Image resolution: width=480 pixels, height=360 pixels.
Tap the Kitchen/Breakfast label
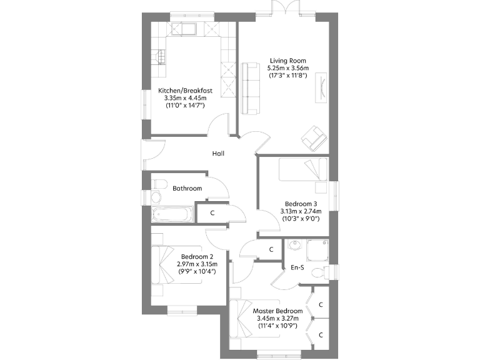pos(185,91)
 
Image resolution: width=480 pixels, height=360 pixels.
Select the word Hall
pos(218,154)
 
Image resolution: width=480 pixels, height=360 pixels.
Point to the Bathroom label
pos(187,188)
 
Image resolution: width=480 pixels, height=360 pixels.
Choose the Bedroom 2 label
pos(197,256)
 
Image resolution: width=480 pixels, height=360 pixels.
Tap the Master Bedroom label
pos(277,311)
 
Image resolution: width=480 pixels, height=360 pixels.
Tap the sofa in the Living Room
pos(251,88)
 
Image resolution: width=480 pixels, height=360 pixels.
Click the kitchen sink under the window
pos(186,29)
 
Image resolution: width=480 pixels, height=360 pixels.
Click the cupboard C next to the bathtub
pos(212,212)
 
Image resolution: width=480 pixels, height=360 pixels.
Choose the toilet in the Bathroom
pos(158,184)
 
